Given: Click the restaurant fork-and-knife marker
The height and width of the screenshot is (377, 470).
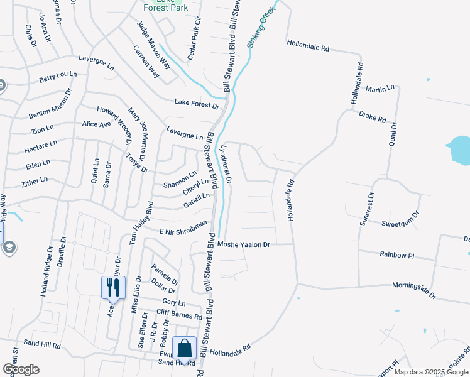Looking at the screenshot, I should (x=113, y=288).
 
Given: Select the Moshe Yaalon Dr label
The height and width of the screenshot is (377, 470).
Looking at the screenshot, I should (x=243, y=244).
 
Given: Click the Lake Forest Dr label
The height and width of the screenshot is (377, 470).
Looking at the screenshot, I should (x=197, y=103).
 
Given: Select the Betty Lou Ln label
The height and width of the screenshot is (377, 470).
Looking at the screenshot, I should (x=58, y=77).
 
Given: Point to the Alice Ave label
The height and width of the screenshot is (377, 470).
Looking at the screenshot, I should (x=97, y=124).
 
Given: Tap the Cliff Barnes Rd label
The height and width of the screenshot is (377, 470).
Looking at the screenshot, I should (x=179, y=315).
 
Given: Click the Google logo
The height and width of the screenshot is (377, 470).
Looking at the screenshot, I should (x=20, y=369).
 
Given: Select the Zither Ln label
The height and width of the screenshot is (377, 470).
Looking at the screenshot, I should (x=35, y=181).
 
